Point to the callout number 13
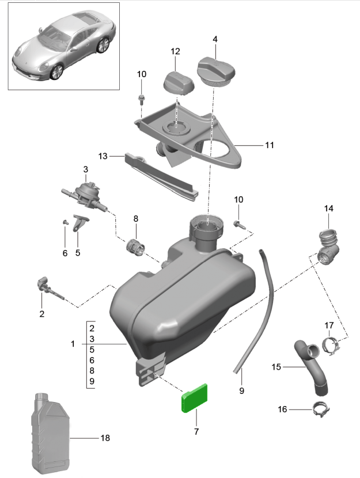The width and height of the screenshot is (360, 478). coord(103,156)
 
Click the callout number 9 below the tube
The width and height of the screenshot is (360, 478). coord(241,390)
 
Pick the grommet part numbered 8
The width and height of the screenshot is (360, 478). coord(136,246)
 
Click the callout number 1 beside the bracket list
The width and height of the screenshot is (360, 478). coord(73,344)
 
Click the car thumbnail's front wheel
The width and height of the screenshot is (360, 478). coord(57,71)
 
